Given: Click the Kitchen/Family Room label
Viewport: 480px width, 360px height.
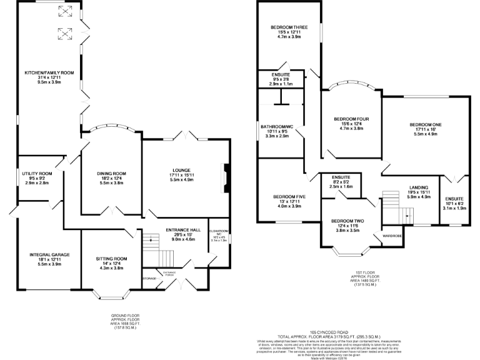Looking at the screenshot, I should pyautogui.click(x=49, y=72).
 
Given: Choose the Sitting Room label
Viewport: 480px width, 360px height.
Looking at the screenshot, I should pyautogui.click(x=111, y=259).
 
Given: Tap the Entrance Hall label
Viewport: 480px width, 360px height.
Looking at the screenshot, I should pyautogui.click(x=181, y=231).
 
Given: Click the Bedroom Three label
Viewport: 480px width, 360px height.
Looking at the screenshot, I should pyautogui.click(x=289, y=27).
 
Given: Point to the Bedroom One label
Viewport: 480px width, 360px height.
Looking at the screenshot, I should pyautogui.click(x=426, y=125).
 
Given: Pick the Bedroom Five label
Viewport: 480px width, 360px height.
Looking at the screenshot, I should pyautogui.click(x=289, y=197).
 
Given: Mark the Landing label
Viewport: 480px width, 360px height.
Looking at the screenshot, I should pyautogui.click(x=418, y=187).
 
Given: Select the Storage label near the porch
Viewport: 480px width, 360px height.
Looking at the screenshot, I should pyautogui.click(x=149, y=278).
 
